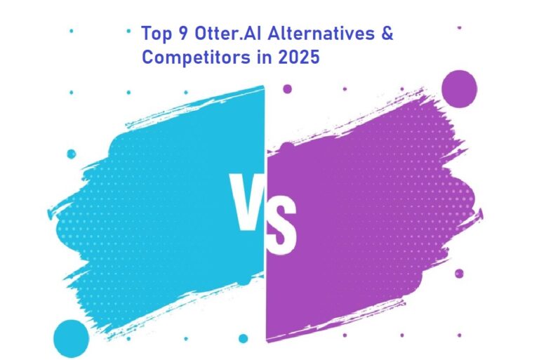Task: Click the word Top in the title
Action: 155,33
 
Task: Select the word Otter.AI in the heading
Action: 221,33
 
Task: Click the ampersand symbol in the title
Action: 387,33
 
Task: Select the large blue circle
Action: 71,338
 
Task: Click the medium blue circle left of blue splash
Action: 71,154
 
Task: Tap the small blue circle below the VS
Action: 243,338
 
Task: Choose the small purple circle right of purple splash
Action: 459,273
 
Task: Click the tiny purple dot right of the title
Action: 459,28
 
